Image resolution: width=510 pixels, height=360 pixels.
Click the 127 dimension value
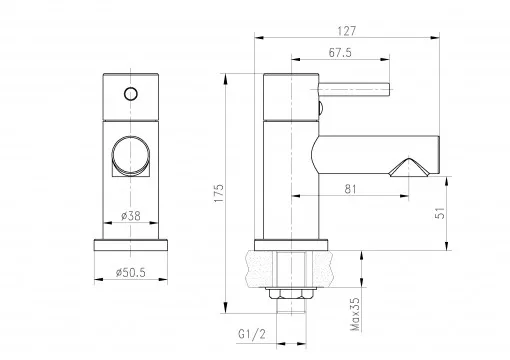click(x=347, y=31)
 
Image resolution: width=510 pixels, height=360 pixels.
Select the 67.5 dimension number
click(x=340, y=53)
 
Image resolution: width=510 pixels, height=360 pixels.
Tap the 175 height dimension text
click(x=219, y=193)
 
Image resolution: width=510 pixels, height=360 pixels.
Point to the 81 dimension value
click(x=350, y=189)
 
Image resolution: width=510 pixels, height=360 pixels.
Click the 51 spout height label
click(x=440, y=213)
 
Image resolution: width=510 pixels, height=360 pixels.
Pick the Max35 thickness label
click(x=356, y=314)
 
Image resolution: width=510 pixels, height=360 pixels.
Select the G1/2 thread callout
click(x=252, y=334)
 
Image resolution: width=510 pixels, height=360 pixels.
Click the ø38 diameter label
click(x=131, y=216)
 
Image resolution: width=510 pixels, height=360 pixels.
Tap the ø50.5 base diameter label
click(x=131, y=273)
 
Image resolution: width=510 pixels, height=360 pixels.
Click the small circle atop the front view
click(x=131, y=94)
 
